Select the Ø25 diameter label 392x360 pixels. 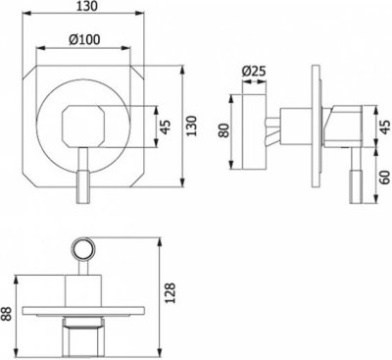coord(254,72)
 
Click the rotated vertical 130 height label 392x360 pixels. coord(193,126)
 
